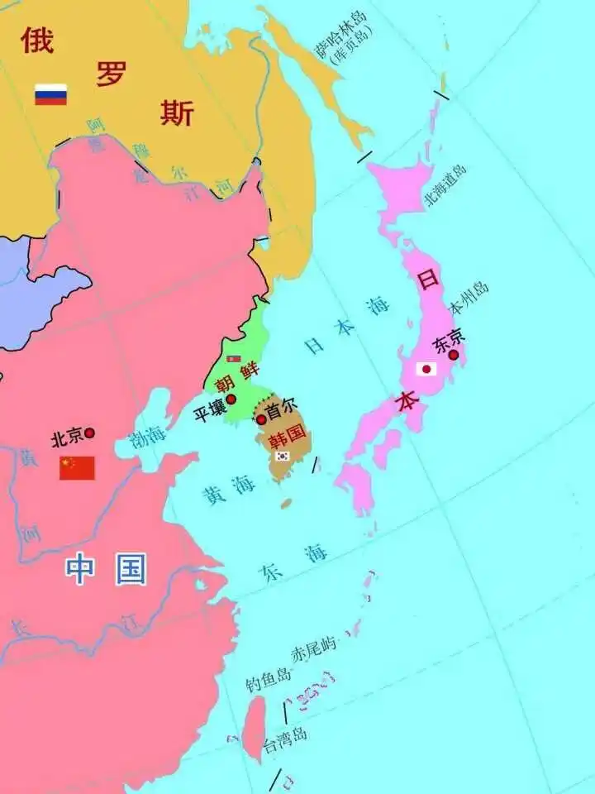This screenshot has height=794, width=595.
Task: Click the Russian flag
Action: (x=50, y=94)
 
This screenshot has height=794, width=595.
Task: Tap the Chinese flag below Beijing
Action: (x=77, y=468)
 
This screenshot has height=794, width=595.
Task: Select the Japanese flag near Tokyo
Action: (x=426, y=369)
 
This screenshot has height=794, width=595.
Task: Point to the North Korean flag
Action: (x=234, y=359)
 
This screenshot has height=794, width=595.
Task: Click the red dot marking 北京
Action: (x=89, y=433)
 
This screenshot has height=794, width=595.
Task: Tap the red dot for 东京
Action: (x=453, y=354)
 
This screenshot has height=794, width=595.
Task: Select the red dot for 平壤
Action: (x=231, y=399)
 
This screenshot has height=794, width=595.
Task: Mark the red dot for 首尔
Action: (x=261, y=419)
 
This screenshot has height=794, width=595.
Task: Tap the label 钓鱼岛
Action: (x=269, y=681)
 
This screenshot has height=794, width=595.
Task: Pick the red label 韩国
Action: (x=288, y=433)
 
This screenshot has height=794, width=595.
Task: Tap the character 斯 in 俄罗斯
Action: (x=177, y=112)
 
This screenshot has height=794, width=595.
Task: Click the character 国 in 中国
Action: (x=131, y=570)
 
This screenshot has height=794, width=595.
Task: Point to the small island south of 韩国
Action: (x=286, y=503)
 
